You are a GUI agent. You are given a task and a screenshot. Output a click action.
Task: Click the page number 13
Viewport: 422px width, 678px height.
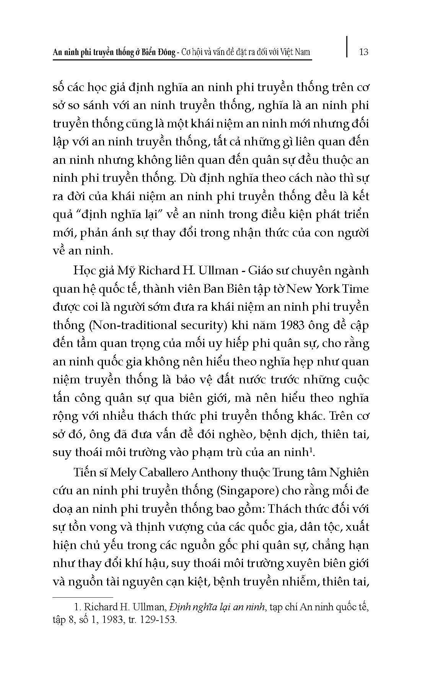pos(364,51)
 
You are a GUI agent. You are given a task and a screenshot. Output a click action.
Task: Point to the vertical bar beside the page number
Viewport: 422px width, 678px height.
pos(347,47)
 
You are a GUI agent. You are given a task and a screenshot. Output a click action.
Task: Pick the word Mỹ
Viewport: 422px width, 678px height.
pos(125,271)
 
